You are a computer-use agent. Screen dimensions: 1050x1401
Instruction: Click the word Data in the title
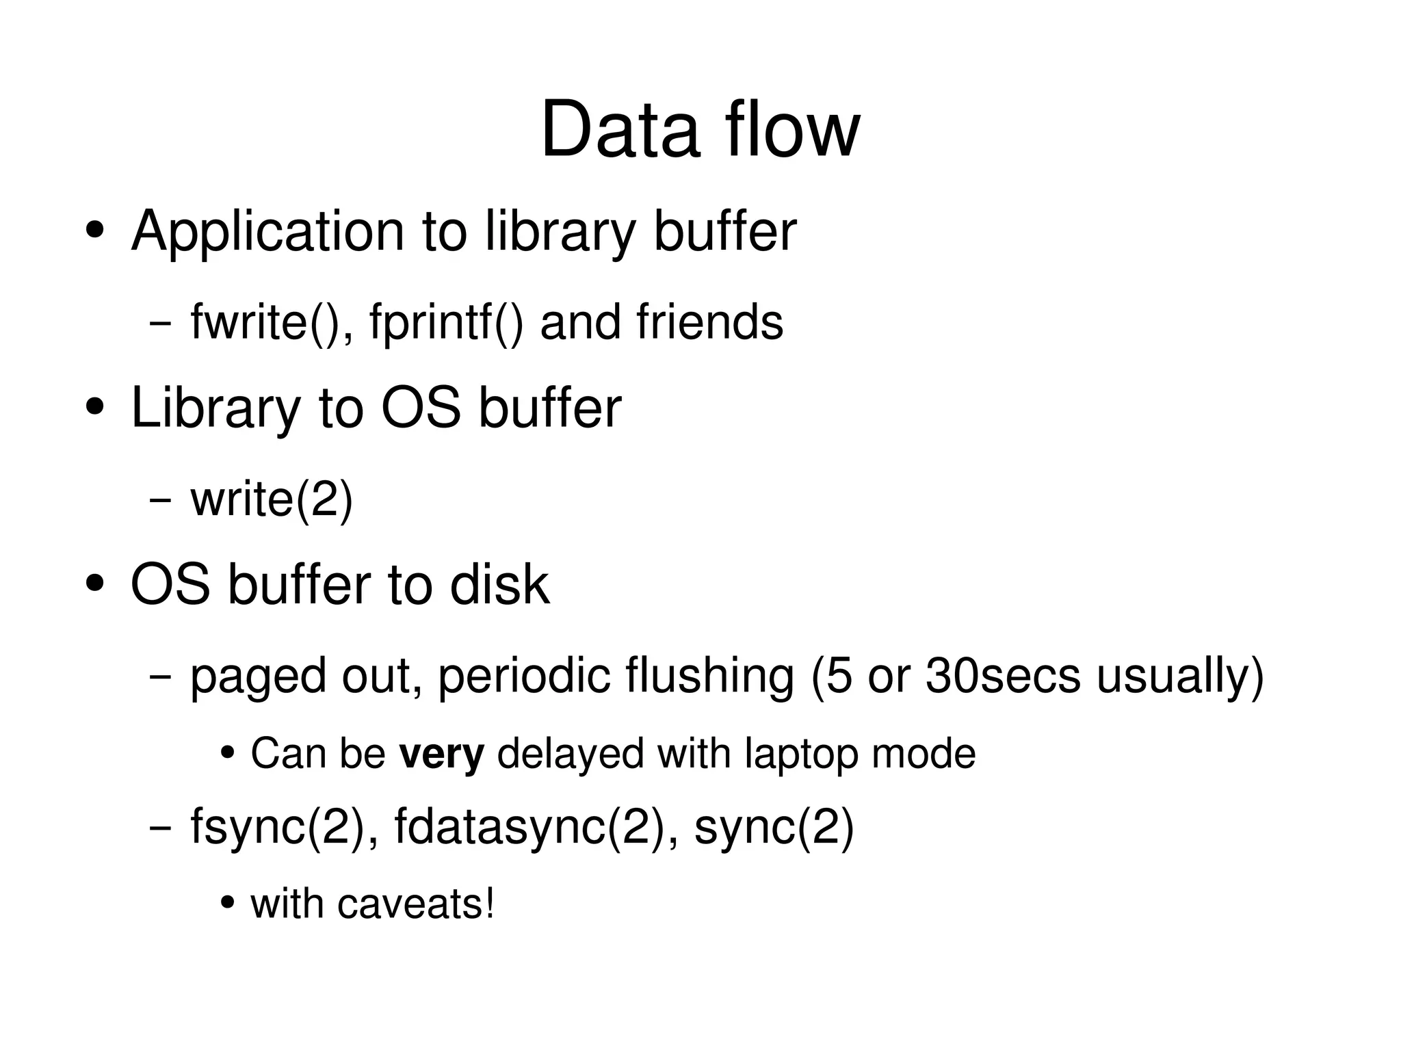point(619,130)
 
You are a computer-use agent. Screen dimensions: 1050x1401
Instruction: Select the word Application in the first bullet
point(267,231)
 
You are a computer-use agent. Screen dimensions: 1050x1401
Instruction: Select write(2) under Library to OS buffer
point(272,499)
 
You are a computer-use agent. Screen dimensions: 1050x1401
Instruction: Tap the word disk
point(499,585)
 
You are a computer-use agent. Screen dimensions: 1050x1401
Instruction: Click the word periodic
point(523,676)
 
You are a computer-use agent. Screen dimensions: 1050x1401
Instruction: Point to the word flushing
point(709,676)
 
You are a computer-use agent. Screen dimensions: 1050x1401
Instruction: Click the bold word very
point(442,754)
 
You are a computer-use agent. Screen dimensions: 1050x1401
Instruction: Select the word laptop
point(801,754)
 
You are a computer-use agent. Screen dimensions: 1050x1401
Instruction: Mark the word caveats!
point(416,904)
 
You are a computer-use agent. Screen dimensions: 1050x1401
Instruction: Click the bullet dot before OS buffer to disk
point(95,585)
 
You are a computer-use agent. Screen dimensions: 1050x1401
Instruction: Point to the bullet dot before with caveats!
point(228,903)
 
